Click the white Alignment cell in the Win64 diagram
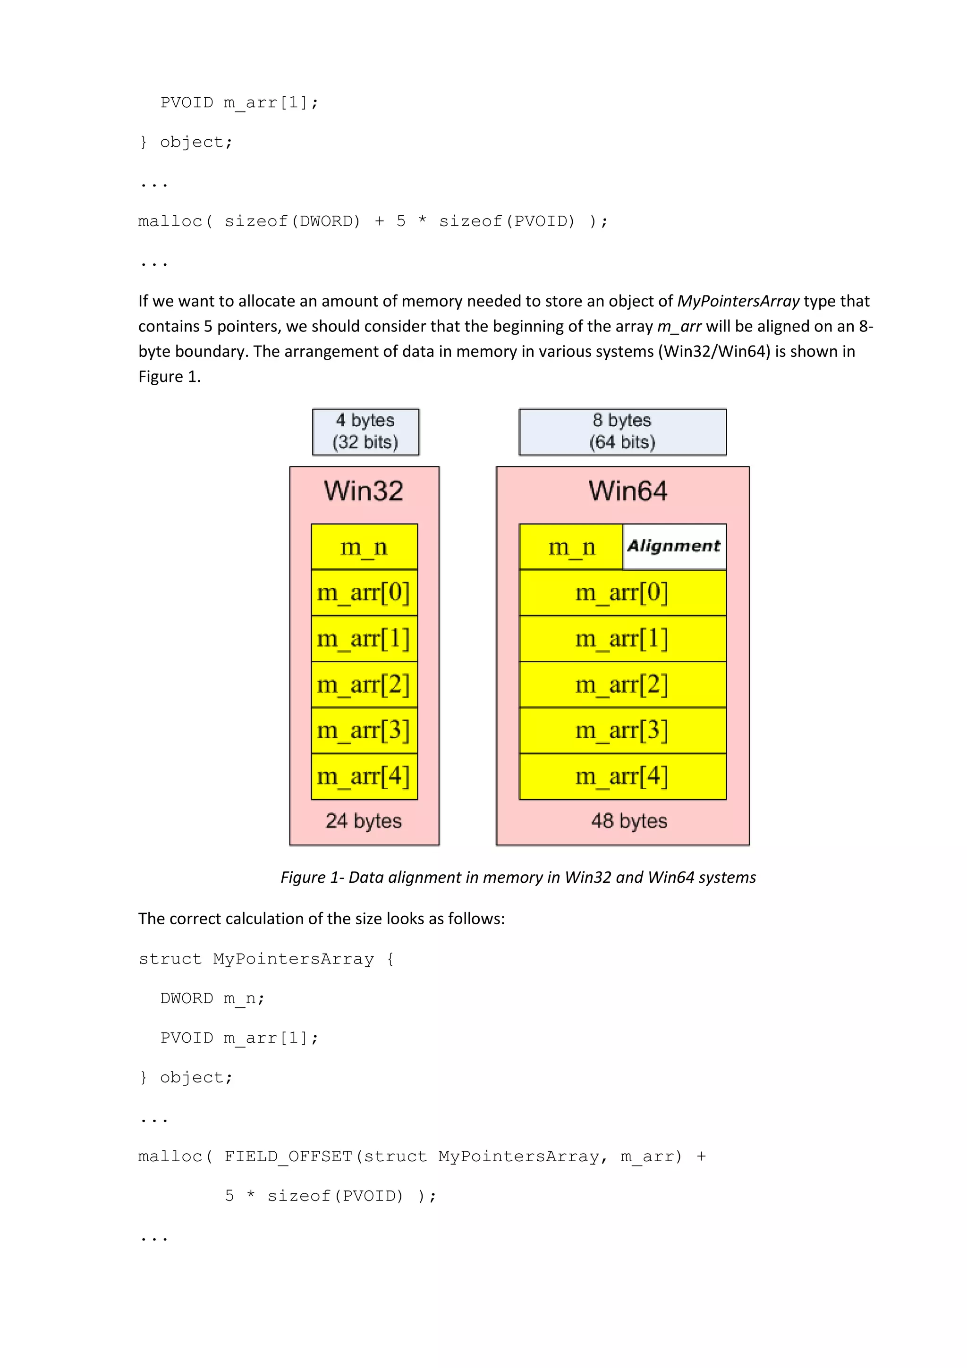click(674, 546)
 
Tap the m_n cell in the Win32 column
click(364, 546)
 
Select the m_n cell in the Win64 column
click(571, 546)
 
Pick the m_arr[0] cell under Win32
click(364, 593)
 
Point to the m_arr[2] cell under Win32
click(364, 684)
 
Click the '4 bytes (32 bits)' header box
click(365, 431)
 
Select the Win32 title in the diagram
click(364, 491)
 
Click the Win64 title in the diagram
click(628, 491)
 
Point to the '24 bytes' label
click(364, 821)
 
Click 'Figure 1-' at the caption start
click(312, 877)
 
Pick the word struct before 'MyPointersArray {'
click(170, 959)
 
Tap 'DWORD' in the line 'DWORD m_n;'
click(187, 998)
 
